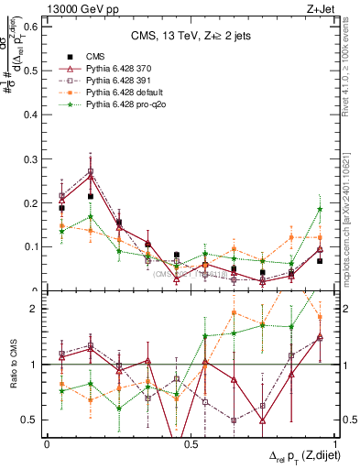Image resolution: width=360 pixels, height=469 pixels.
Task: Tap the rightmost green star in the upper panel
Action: tap(320, 209)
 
